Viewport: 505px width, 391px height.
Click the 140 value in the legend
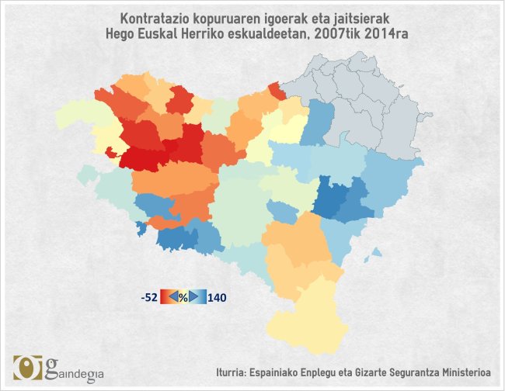click(217, 296)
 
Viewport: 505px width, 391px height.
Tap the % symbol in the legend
click(183, 296)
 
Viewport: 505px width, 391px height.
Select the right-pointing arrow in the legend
click(193, 296)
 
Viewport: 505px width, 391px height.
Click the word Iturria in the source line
click(235, 372)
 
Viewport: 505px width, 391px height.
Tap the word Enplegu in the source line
click(319, 372)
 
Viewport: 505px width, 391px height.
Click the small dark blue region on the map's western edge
click(141, 228)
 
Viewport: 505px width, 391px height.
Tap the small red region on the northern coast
click(276, 90)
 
